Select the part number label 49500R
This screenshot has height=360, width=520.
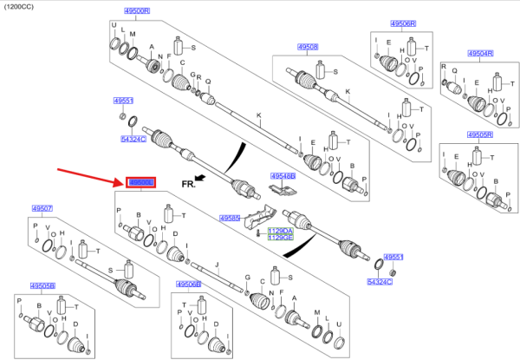pyautogui.click(x=136, y=11)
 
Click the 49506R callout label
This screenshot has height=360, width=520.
pyautogui.click(x=403, y=23)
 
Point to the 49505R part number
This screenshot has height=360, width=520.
pyautogui.click(x=480, y=134)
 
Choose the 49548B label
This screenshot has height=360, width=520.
pyautogui.click(x=283, y=176)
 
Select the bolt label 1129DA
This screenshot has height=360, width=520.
pyautogui.click(x=280, y=230)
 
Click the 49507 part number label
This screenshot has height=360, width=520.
pyautogui.click(x=42, y=208)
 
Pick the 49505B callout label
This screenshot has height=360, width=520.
pyautogui.click(x=42, y=285)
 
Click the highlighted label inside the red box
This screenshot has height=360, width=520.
pyautogui.click(x=140, y=182)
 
